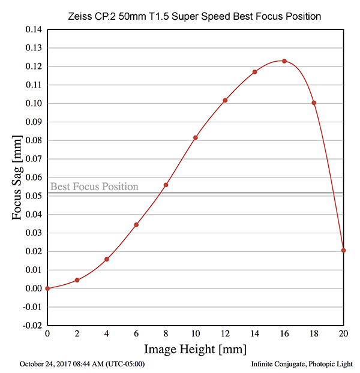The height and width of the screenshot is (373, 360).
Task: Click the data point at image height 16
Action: pos(284,61)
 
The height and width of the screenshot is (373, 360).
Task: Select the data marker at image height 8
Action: pos(166,185)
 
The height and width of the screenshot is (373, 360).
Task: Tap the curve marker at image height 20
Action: pos(343,250)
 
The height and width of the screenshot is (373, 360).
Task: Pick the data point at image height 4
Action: pos(107,259)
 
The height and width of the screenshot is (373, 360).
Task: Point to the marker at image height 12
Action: pos(225,100)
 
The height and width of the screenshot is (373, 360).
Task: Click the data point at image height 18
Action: pos(314,103)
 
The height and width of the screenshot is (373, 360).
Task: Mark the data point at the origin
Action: pos(47,288)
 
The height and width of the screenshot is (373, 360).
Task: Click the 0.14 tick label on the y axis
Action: pos(32,29)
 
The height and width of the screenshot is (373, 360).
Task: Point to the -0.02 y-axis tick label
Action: pos(31,326)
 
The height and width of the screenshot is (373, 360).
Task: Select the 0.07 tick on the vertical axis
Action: pos(32,159)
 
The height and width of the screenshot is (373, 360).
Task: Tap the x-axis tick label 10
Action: pos(195,333)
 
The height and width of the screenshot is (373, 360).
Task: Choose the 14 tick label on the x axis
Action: pos(254,333)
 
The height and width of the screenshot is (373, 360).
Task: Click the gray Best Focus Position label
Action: pos(94,186)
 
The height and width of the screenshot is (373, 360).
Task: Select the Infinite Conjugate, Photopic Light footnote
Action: pos(302,364)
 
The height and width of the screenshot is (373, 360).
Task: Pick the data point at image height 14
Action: pos(255,72)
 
